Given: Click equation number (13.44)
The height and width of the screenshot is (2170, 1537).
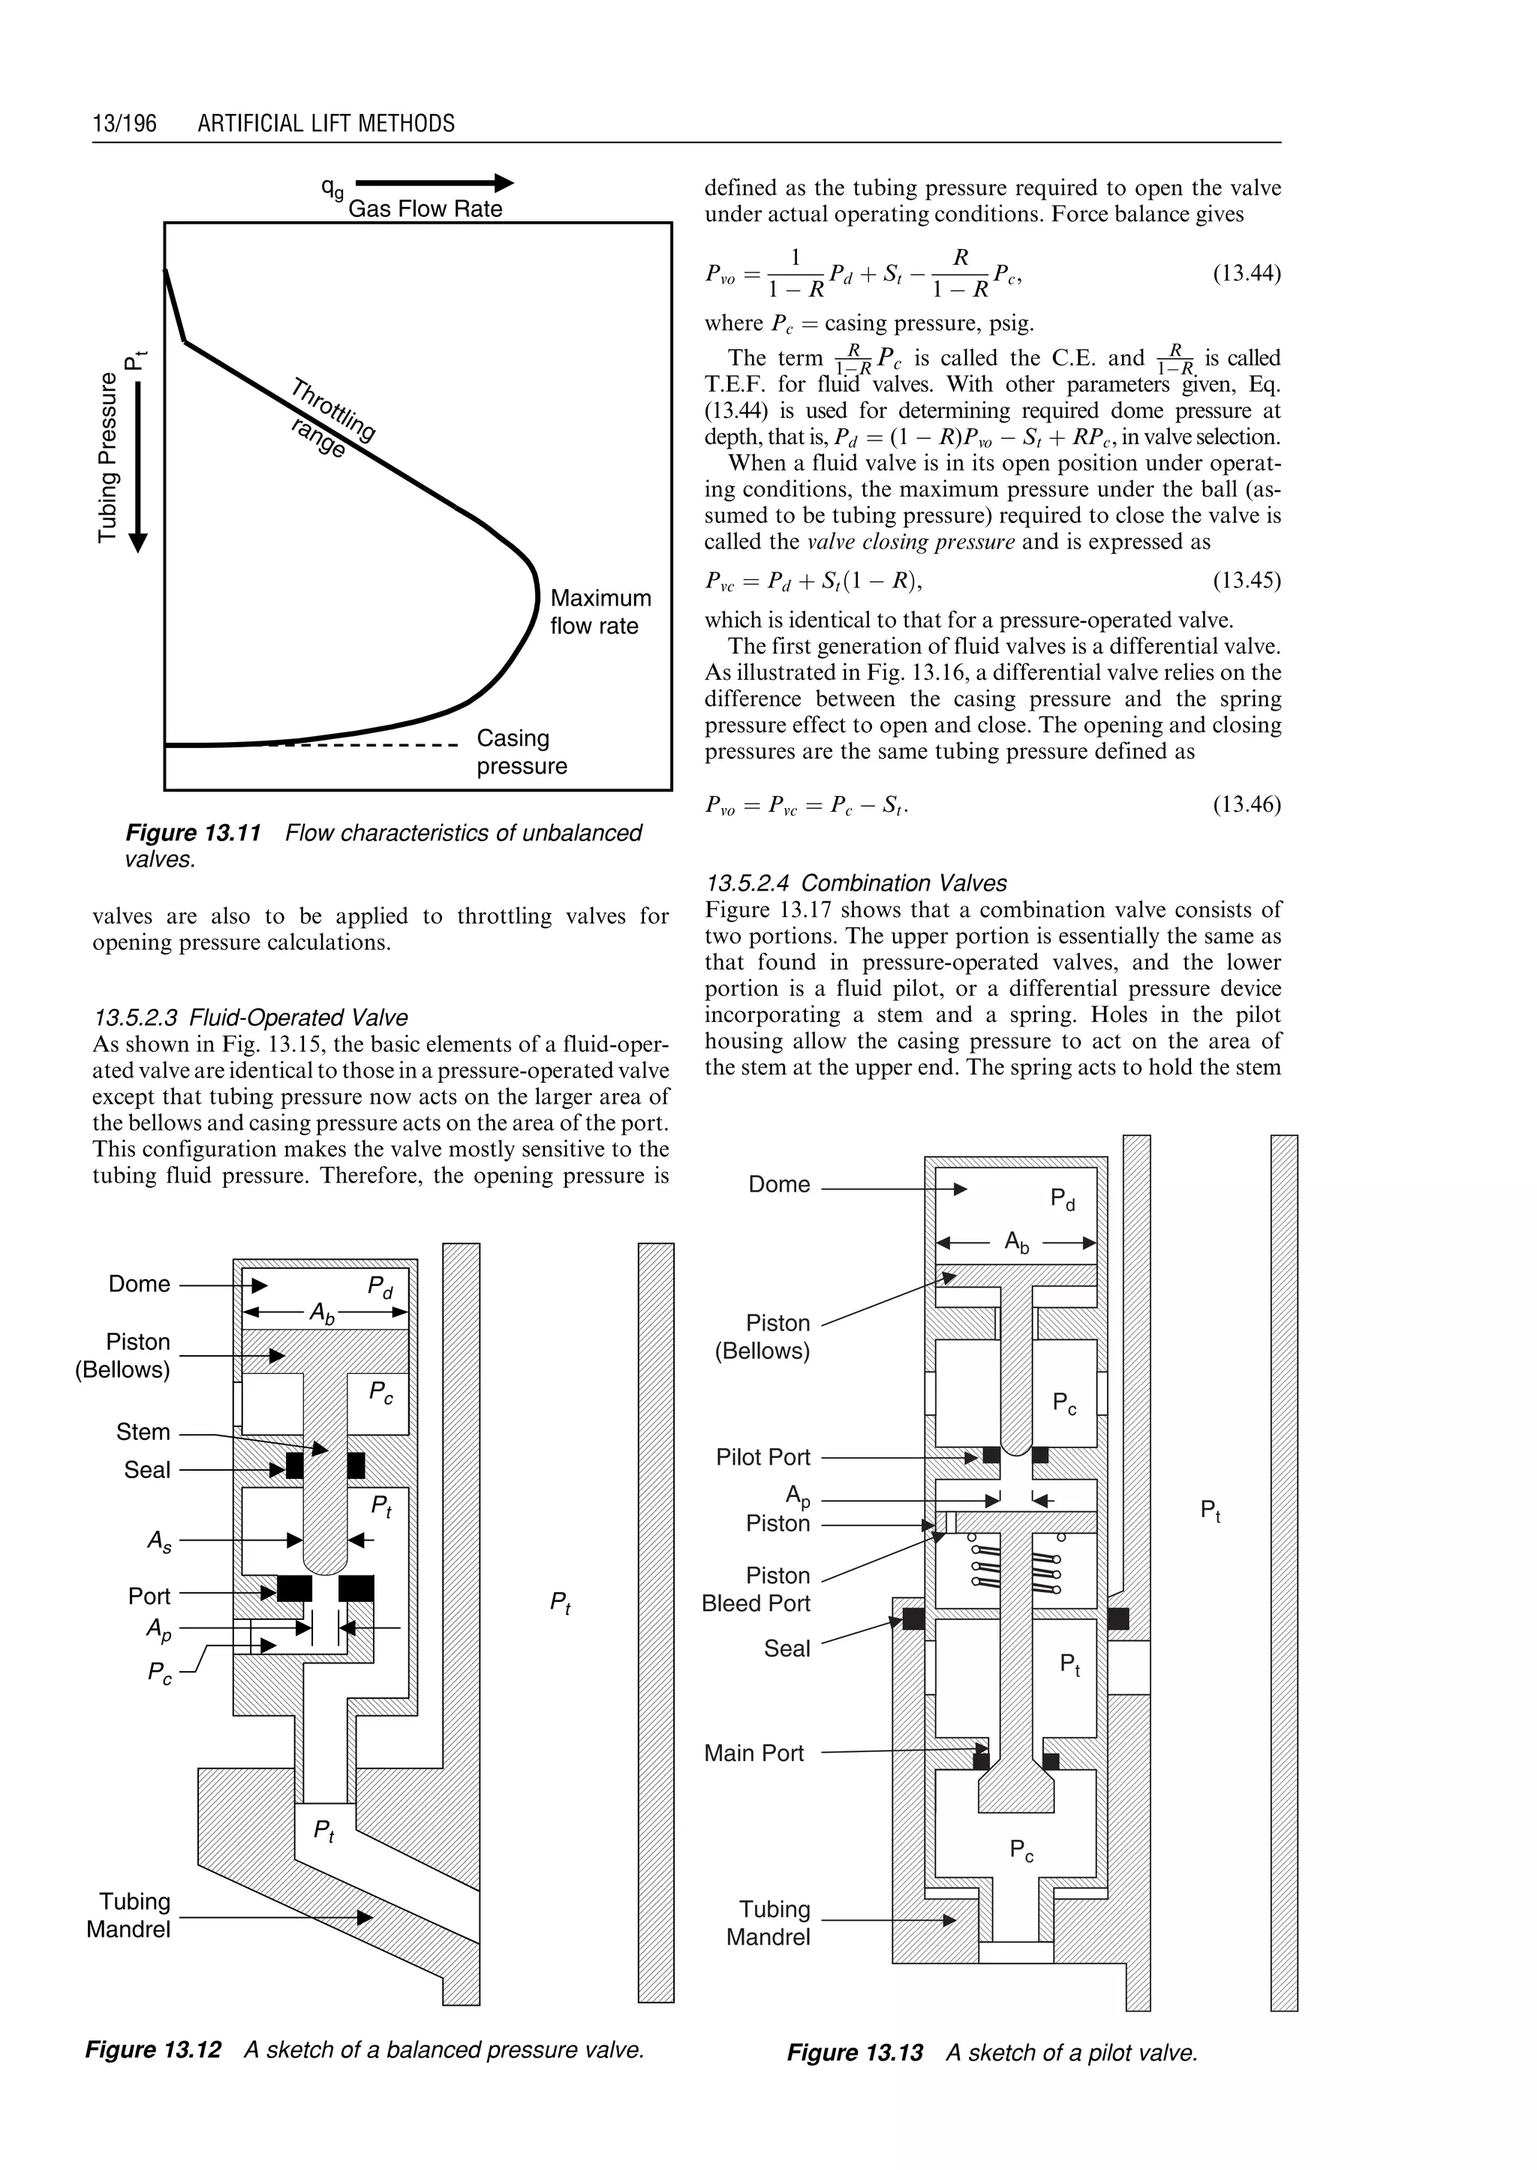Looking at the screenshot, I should (x=1246, y=275).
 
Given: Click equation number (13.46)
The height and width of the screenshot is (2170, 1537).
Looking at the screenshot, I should (x=1246, y=805).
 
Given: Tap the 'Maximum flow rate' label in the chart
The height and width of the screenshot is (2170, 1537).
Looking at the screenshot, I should (x=600, y=612).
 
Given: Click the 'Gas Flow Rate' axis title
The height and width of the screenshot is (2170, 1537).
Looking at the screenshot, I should (x=425, y=209).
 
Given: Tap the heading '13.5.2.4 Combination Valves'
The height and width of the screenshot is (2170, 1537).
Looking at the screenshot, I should (x=856, y=883).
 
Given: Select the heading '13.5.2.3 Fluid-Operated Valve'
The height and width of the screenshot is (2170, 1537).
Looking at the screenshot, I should (x=251, y=1017).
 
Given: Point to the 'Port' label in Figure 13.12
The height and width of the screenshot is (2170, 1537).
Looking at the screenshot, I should (x=149, y=1597).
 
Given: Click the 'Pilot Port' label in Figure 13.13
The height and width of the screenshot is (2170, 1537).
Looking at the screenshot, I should (x=762, y=1457).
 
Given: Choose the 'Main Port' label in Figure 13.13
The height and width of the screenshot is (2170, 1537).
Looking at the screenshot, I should (x=753, y=1754).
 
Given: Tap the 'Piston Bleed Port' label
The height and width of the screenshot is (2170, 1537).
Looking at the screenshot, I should (x=756, y=1590).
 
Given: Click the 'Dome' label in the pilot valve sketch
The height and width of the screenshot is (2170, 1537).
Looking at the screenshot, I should (x=779, y=1184).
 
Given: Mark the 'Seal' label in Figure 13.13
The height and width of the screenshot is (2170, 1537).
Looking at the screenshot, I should (x=787, y=1649).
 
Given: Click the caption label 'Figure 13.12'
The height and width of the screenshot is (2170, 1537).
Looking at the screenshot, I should (x=153, y=2050).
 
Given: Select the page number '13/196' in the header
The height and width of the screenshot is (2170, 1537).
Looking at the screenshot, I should (x=124, y=124).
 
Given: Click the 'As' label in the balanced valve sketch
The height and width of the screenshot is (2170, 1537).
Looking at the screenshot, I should (x=159, y=1540).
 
